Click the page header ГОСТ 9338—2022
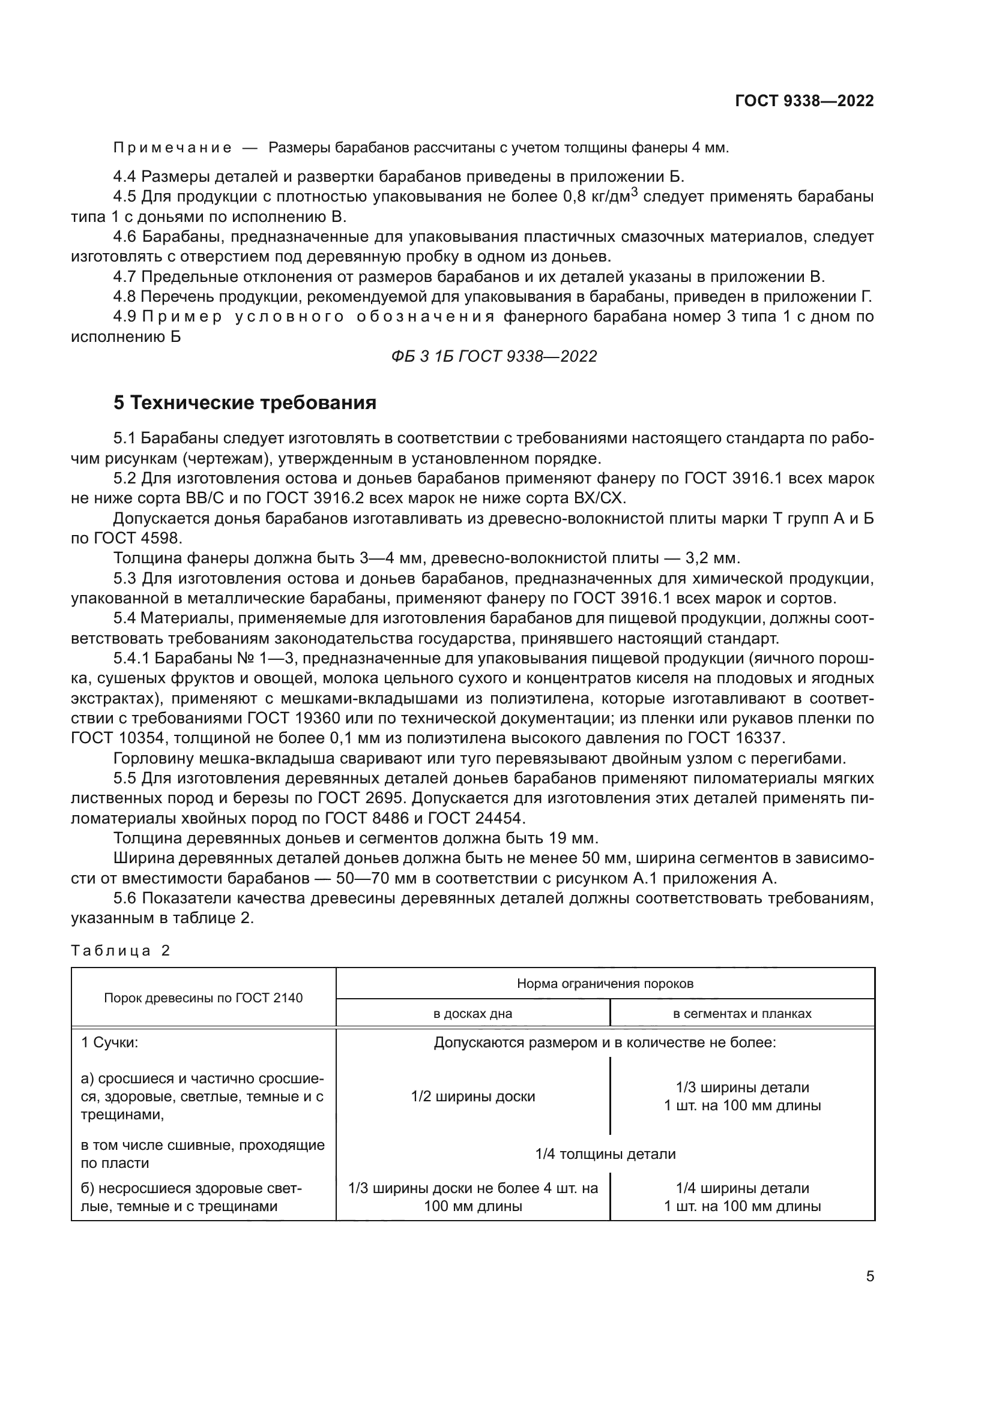[804, 101]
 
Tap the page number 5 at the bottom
[870, 1276]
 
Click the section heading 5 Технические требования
[244, 403]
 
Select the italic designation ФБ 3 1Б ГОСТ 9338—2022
[494, 356]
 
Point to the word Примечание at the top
[172, 148]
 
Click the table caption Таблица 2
[121, 950]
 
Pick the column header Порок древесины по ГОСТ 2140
[203, 998]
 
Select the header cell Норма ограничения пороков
[605, 984]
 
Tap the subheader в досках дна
[472, 1013]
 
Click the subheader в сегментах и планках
[741, 1013]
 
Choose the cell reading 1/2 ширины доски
[472, 1096]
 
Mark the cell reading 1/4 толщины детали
[605, 1153]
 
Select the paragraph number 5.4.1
[131, 658]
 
